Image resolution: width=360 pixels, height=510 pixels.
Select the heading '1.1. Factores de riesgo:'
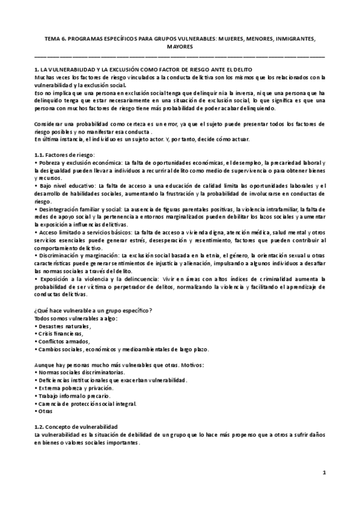(x=66, y=155)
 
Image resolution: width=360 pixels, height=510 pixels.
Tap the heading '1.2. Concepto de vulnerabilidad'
(x=76, y=426)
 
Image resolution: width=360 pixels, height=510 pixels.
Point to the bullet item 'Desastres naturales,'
(x=63, y=326)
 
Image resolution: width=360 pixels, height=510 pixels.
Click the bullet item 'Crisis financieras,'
(x=61, y=333)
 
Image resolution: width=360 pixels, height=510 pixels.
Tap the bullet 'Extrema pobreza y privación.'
(x=73, y=388)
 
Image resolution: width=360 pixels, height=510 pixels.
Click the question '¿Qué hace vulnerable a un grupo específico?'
(x=93, y=310)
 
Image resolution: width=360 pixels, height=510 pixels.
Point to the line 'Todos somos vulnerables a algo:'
(x=76, y=318)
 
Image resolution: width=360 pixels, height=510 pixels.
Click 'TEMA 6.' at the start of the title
(x=55, y=37)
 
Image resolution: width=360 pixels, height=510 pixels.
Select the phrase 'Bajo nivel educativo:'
(x=66, y=186)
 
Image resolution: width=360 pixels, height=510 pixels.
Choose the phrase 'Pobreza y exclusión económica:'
(x=79, y=163)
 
